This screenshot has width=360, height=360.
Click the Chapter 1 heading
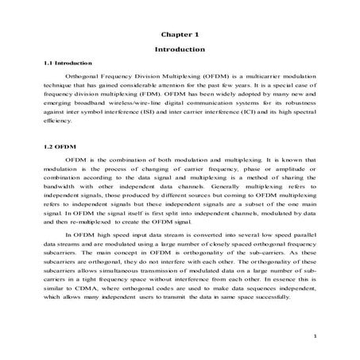[x=179, y=35]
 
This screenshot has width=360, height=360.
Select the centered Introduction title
[x=179, y=49]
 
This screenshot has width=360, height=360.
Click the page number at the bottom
[x=315, y=338]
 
